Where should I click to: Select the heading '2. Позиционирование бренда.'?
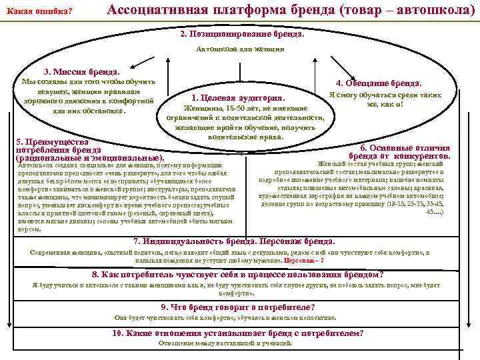pyautogui.click(x=241, y=33)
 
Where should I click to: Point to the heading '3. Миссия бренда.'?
pyautogui.click(x=81, y=71)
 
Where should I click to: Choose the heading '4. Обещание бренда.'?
pyautogui.click(x=379, y=83)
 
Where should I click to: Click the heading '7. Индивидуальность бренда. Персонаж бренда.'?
pyautogui.click(x=234, y=241)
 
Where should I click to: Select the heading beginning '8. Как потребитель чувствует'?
pyautogui.click(x=237, y=275)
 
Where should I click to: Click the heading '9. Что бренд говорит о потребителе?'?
pyautogui.click(x=238, y=307)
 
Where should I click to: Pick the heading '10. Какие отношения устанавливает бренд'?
pyautogui.click(x=238, y=333)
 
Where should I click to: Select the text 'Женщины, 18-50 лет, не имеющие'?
pyautogui.click(x=245, y=108)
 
